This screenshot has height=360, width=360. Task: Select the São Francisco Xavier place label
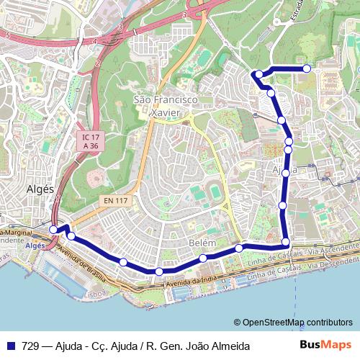tap(165, 106)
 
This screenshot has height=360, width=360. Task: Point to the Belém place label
tap(202, 243)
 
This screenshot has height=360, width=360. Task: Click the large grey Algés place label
tap(40, 189)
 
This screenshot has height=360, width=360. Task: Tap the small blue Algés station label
tap(35, 246)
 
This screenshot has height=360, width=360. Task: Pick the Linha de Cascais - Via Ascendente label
tap(302, 253)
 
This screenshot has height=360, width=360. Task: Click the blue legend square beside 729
tap(12, 346)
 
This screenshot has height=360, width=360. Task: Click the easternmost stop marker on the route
tap(307, 68)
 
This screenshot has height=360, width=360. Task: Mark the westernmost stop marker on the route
tap(54, 229)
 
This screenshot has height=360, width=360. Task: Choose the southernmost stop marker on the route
tap(159, 271)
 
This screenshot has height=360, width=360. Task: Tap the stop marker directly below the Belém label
tap(204, 258)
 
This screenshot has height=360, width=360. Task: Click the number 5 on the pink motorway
tap(6, 35)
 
